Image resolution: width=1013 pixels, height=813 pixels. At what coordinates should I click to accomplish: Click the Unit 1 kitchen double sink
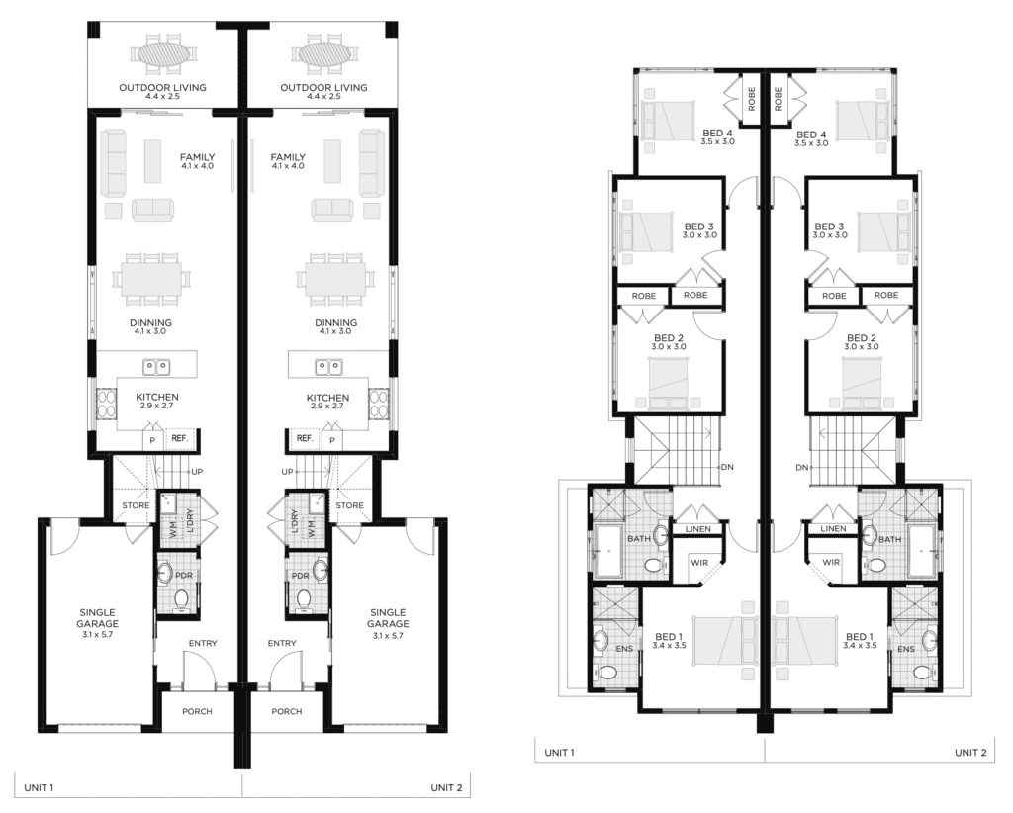[x=155, y=367]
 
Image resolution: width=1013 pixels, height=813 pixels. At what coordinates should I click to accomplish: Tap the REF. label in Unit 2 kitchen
[x=305, y=438]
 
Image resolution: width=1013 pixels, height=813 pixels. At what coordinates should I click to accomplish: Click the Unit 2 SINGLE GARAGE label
[x=388, y=618]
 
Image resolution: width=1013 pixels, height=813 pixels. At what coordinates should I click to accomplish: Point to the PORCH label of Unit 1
[x=197, y=711]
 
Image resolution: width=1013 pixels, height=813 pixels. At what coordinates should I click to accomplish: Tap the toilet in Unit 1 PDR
[x=182, y=598]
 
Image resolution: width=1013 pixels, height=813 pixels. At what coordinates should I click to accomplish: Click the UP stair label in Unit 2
[x=288, y=472]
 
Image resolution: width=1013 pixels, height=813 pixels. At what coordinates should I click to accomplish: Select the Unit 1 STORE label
[x=136, y=505]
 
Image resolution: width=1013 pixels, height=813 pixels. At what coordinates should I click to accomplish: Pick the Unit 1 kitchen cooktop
[x=106, y=403]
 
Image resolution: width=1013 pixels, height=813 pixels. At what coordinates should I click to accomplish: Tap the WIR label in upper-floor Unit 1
[x=699, y=563]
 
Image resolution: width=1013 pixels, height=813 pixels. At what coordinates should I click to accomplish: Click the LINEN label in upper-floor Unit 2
[x=833, y=528]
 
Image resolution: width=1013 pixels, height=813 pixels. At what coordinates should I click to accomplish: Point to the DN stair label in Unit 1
[x=727, y=467]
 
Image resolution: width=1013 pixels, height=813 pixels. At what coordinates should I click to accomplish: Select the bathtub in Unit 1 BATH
[x=606, y=552]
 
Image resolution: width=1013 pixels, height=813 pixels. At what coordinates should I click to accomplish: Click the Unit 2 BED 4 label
[x=811, y=135]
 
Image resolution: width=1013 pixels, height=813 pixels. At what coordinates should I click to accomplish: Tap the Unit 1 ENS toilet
[x=606, y=672]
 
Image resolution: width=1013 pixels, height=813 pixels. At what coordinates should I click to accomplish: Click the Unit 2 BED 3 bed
[x=884, y=231]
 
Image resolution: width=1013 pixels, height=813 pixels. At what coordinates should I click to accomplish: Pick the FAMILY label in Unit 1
[x=197, y=157]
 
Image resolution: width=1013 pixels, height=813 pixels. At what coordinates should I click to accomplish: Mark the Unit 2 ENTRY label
[x=282, y=643]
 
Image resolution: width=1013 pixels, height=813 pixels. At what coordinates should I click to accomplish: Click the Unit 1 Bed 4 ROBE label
[x=752, y=99]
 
